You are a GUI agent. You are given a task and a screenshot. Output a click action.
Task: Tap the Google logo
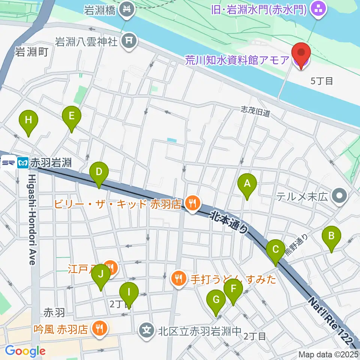pyautogui.click(x=25, y=351)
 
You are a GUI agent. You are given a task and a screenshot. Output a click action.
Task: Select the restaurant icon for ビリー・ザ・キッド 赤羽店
pyautogui.click(x=193, y=204)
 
